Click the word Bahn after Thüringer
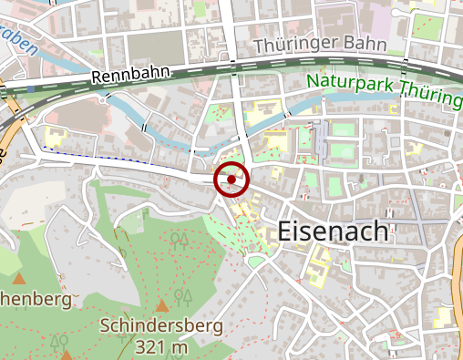click(365, 44)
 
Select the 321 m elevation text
click(161, 346)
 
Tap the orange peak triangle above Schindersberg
click(162, 304)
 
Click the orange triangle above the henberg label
click(18, 277)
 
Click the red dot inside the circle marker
click(231, 180)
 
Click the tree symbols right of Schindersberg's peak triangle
click(183, 297)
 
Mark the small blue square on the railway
click(31, 90)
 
